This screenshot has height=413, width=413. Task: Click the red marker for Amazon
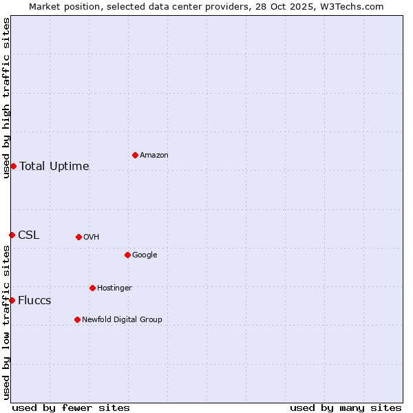tap(135, 155)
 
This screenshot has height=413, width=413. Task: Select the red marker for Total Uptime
tap(13, 166)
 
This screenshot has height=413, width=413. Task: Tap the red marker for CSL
tap(12, 235)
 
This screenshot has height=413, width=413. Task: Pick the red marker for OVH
tap(78, 237)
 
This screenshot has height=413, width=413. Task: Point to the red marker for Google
tap(127, 255)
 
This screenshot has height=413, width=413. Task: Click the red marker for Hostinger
tap(92, 288)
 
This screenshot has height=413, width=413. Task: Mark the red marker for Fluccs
tap(12, 300)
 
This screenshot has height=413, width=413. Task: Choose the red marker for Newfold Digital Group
tap(77, 319)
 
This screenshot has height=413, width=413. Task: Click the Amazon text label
tap(154, 156)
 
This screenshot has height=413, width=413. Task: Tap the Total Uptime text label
tap(54, 166)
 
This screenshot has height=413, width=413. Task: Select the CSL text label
tap(29, 235)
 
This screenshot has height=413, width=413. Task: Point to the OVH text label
tap(92, 237)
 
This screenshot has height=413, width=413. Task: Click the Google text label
tap(145, 255)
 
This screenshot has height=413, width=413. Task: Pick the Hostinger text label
tap(114, 288)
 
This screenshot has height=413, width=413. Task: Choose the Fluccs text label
tap(34, 301)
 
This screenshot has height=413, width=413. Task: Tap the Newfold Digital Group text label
tap(122, 319)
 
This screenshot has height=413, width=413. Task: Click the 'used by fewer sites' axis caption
tap(71, 407)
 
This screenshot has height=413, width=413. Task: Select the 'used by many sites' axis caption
tap(346, 407)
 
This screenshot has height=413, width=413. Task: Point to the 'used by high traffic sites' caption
tap(6, 98)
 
